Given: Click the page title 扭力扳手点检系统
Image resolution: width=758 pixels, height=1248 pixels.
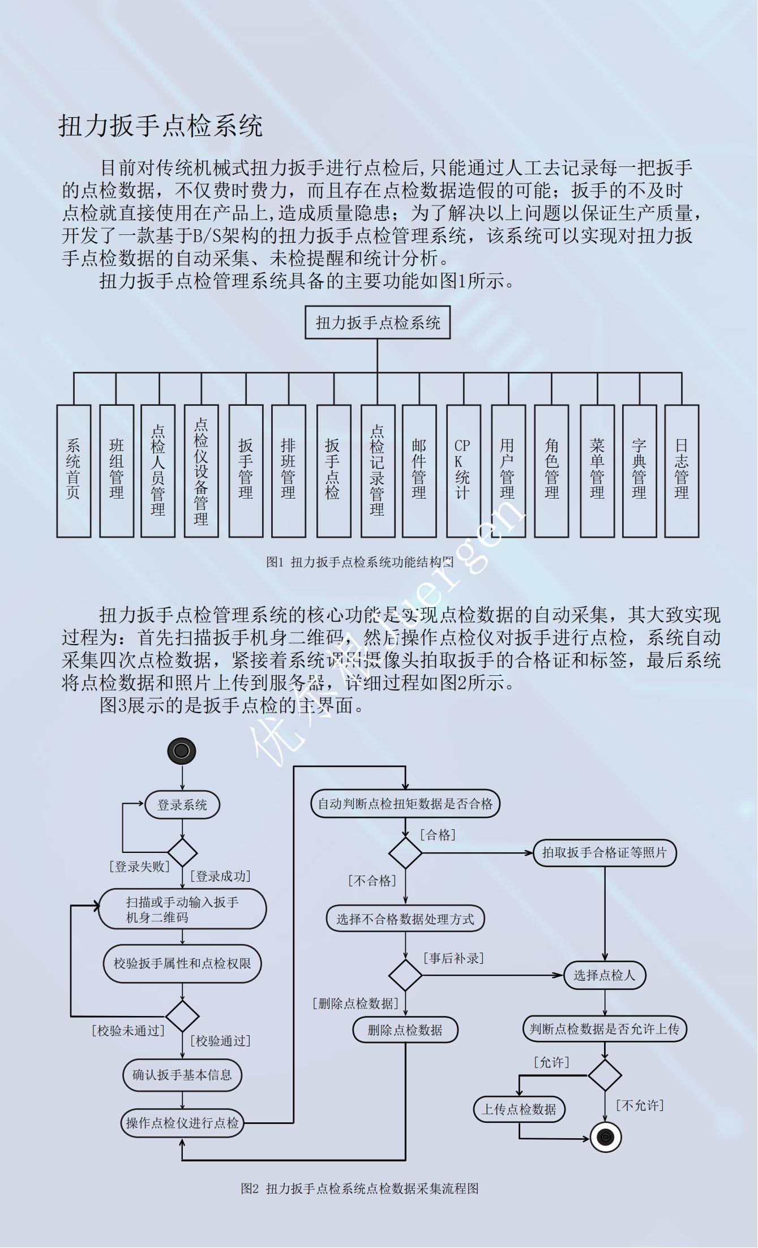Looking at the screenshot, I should point(161,126).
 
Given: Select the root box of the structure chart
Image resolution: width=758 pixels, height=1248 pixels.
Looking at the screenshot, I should point(378,323).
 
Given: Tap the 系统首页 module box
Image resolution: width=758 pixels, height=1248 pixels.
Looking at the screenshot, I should point(74,470).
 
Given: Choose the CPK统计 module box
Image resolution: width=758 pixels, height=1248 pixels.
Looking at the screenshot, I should point(463,470).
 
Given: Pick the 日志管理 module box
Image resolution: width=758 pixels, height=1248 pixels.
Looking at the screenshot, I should point(682,470).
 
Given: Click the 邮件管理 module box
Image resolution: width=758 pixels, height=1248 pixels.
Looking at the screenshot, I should point(419,470).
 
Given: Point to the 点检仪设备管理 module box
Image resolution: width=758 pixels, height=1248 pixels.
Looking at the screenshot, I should point(201,470).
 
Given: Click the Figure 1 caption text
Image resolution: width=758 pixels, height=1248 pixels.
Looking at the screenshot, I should point(360,562).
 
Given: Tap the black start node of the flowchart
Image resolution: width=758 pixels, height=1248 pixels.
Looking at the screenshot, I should point(182,751).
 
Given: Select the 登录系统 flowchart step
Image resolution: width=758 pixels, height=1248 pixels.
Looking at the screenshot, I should point(182,805).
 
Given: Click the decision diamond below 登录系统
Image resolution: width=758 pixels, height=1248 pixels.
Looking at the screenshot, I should point(182,852).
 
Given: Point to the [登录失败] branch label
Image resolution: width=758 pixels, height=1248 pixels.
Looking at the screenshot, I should point(139,867).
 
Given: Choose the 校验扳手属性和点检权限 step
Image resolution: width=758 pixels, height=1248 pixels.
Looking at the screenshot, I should point(182,963).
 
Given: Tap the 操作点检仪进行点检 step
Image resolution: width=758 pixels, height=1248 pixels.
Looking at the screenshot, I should point(182,1123).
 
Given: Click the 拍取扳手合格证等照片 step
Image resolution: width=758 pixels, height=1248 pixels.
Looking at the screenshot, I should point(605,853).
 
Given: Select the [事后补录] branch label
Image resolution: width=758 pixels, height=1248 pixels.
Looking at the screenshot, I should point(453,958).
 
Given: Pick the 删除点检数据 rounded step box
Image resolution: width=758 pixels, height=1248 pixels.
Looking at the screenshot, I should point(405,1030).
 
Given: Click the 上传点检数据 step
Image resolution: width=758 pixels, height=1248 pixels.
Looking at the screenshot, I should point(519,1109).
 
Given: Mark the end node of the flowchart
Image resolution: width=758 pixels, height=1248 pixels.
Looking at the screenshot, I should point(606,1137).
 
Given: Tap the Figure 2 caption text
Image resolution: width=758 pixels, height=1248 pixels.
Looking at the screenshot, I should point(360,1189).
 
